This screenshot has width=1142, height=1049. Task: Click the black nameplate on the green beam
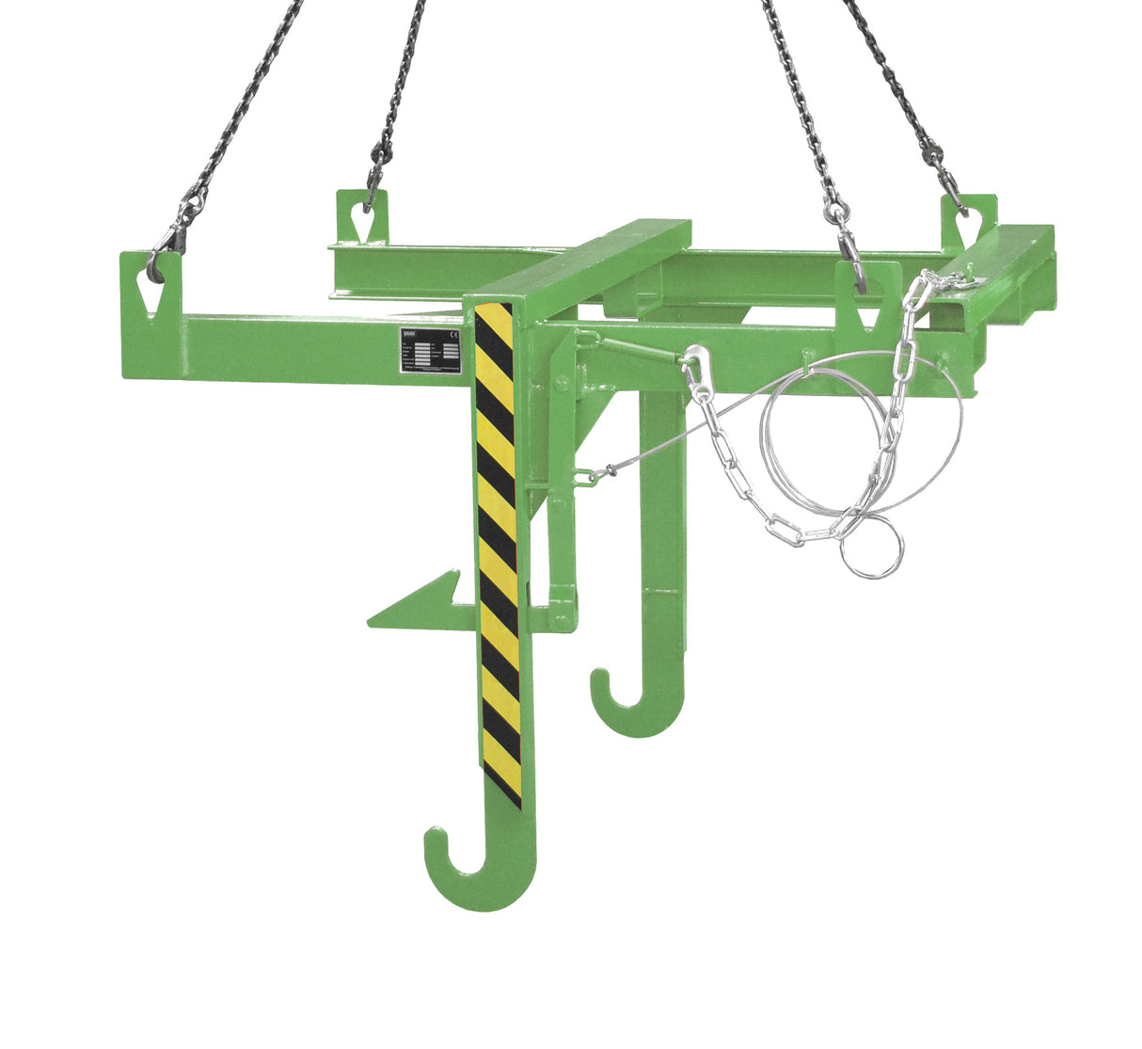tap(428, 353)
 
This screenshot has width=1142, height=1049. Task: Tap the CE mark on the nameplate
tap(452, 333)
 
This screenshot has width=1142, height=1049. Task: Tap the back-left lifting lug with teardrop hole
tap(362, 215)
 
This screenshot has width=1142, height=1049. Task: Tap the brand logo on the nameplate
tap(409, 334)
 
